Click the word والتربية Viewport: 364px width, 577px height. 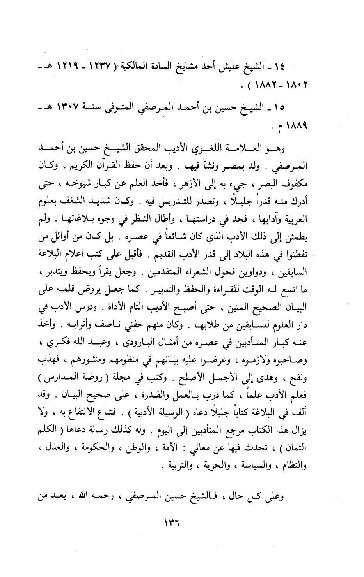pos(181,465)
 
